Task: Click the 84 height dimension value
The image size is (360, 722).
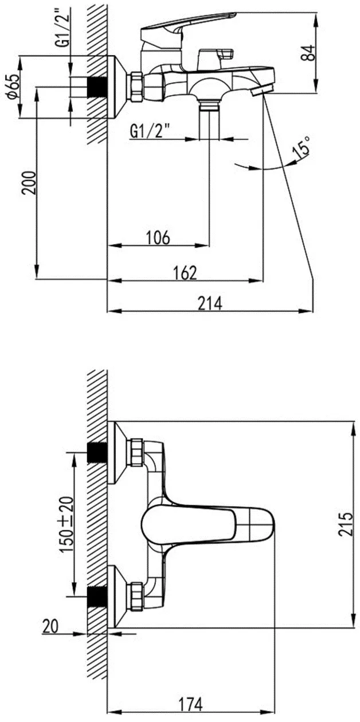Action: (307, 53)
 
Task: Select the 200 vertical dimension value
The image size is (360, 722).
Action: (29, 183)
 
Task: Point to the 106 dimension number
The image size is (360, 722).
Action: (158, 238)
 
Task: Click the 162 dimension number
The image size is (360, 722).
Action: (184, 273)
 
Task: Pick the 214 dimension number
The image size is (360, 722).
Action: (210, 303)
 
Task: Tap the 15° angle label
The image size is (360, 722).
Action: (301, 148)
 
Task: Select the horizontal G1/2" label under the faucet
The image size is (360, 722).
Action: (151, 132)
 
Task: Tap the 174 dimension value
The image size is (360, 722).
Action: (191, 704)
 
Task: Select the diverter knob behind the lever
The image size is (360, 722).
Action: (216, 58)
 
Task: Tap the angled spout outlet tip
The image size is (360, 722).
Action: (262, 89)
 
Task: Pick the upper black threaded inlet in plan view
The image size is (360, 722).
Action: (97, 452)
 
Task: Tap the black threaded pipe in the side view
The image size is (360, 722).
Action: (97, 87)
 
